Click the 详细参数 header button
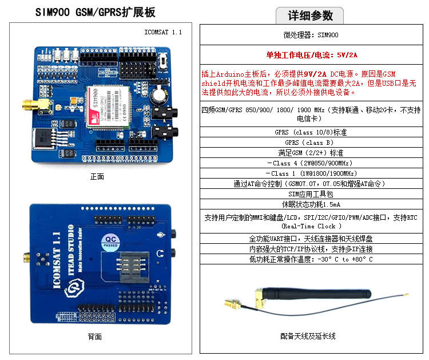(x=309, y=15)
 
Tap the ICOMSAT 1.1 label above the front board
(x=163, y=32)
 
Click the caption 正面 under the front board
(x=97, y=177)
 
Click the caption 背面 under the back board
(x=95, y=336)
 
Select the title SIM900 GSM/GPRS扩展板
(x=96, y=13)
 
